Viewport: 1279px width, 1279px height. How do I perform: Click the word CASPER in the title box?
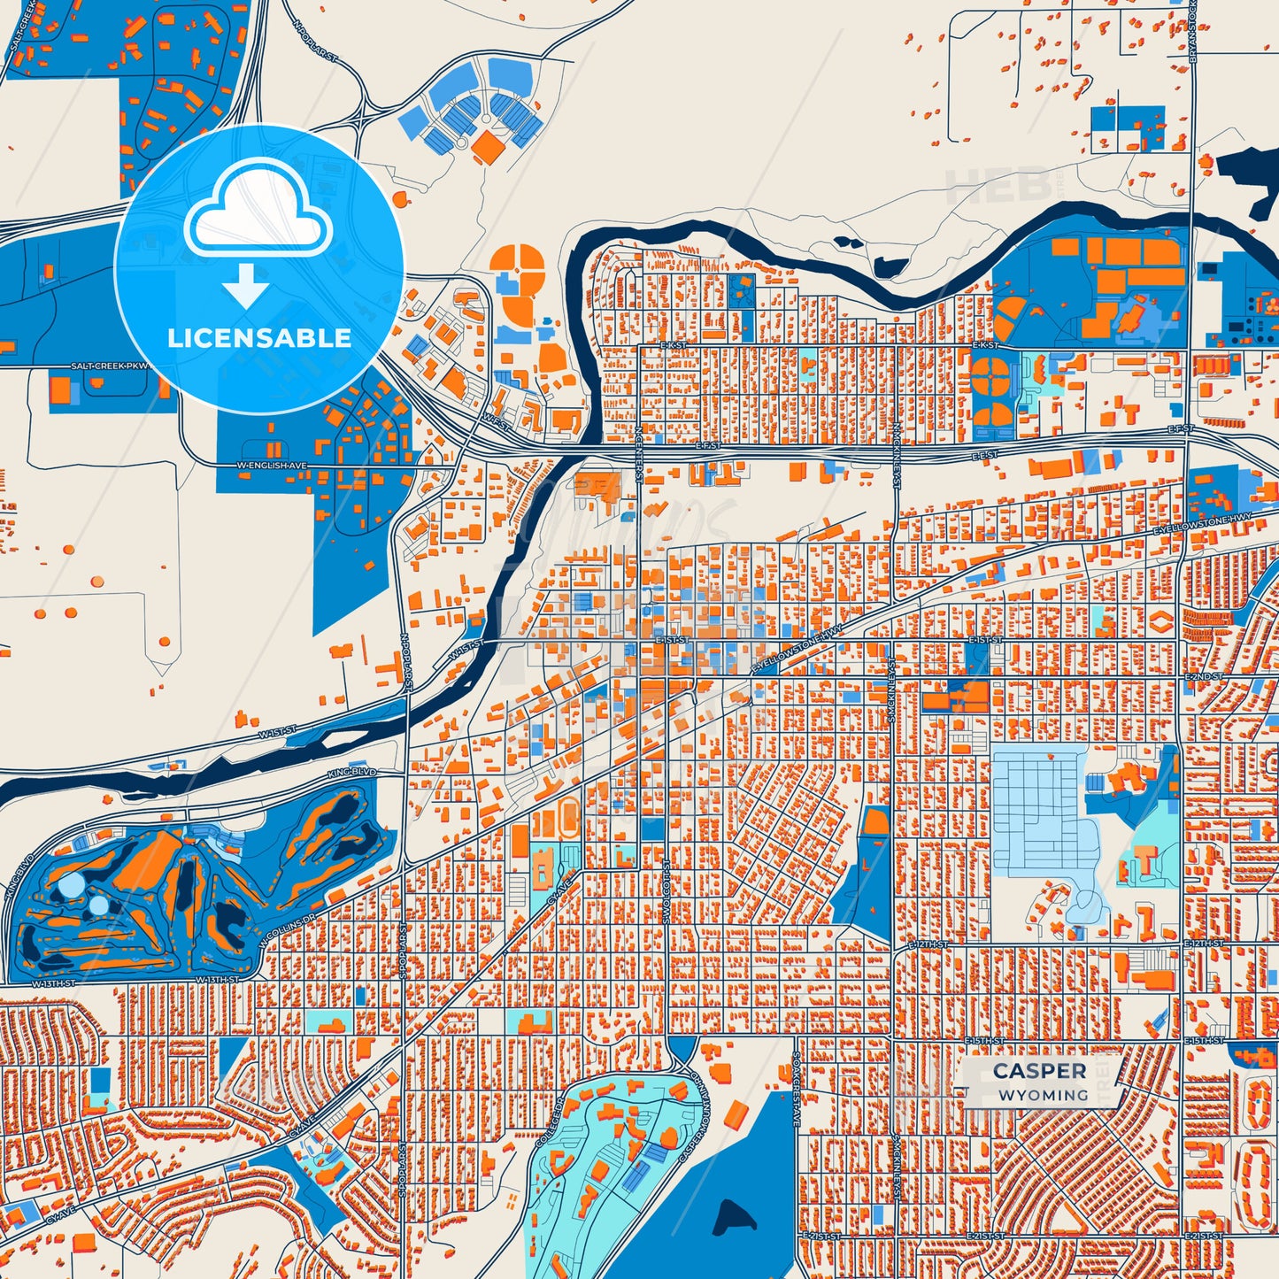click(1039, 1071)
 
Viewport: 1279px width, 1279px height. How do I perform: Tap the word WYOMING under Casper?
click(1044, 1095)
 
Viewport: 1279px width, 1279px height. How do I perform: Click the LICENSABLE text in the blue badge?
click(259, 338)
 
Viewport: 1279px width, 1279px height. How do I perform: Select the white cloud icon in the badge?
click(258, 212)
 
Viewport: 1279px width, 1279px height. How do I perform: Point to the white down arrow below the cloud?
click(246, 285)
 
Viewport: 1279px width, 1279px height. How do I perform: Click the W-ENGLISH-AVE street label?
click(272, 465)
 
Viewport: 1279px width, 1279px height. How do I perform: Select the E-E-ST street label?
click(984, 455)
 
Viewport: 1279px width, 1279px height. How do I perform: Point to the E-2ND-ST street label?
click(1204, 676)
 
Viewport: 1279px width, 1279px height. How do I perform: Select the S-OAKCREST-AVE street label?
click(796, 1090)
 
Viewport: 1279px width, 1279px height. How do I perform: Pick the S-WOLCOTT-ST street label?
click(666, 890)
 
